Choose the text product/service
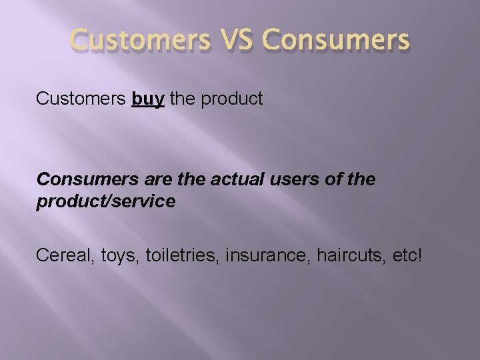106,202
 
